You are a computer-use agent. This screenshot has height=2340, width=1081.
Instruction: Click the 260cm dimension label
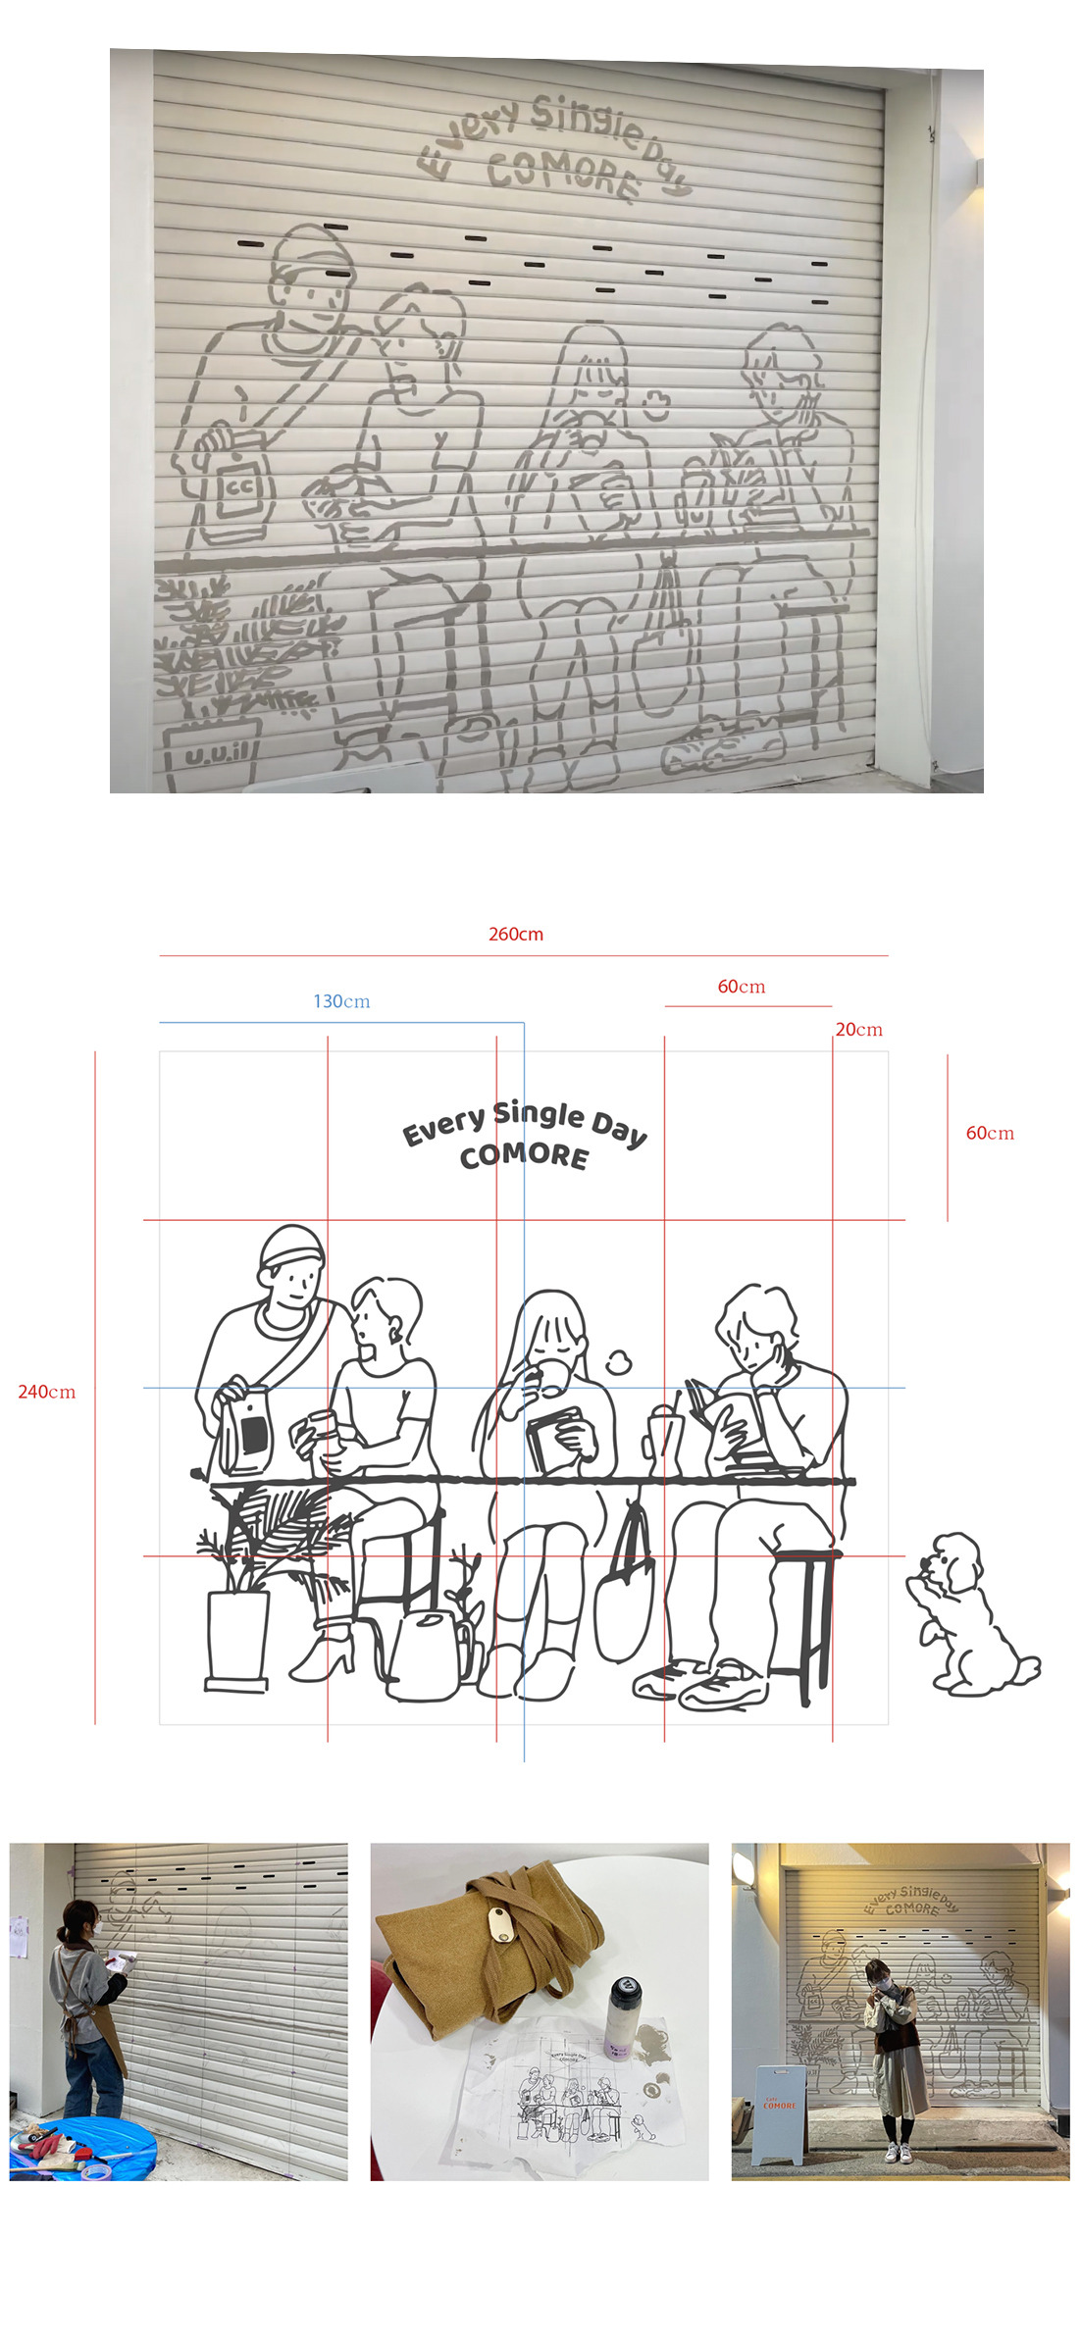tap(516, 934)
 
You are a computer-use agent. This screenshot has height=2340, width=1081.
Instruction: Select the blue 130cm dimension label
tap(341, 1001)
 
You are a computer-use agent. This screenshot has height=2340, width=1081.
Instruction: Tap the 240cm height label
tap(46, 1392)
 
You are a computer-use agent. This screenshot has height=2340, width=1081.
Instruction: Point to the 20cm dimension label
tap(858, 1029)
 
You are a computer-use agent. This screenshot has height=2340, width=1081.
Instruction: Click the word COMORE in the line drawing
tap(525, 1156)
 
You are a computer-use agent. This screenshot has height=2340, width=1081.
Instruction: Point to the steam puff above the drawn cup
tap(617, 1362)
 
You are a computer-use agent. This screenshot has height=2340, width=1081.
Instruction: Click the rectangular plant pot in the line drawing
tap(236, 1641)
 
